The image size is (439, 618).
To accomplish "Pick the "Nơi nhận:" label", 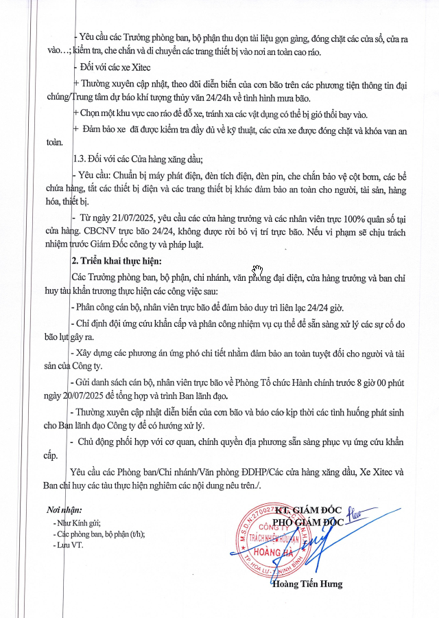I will click(64, 510).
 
